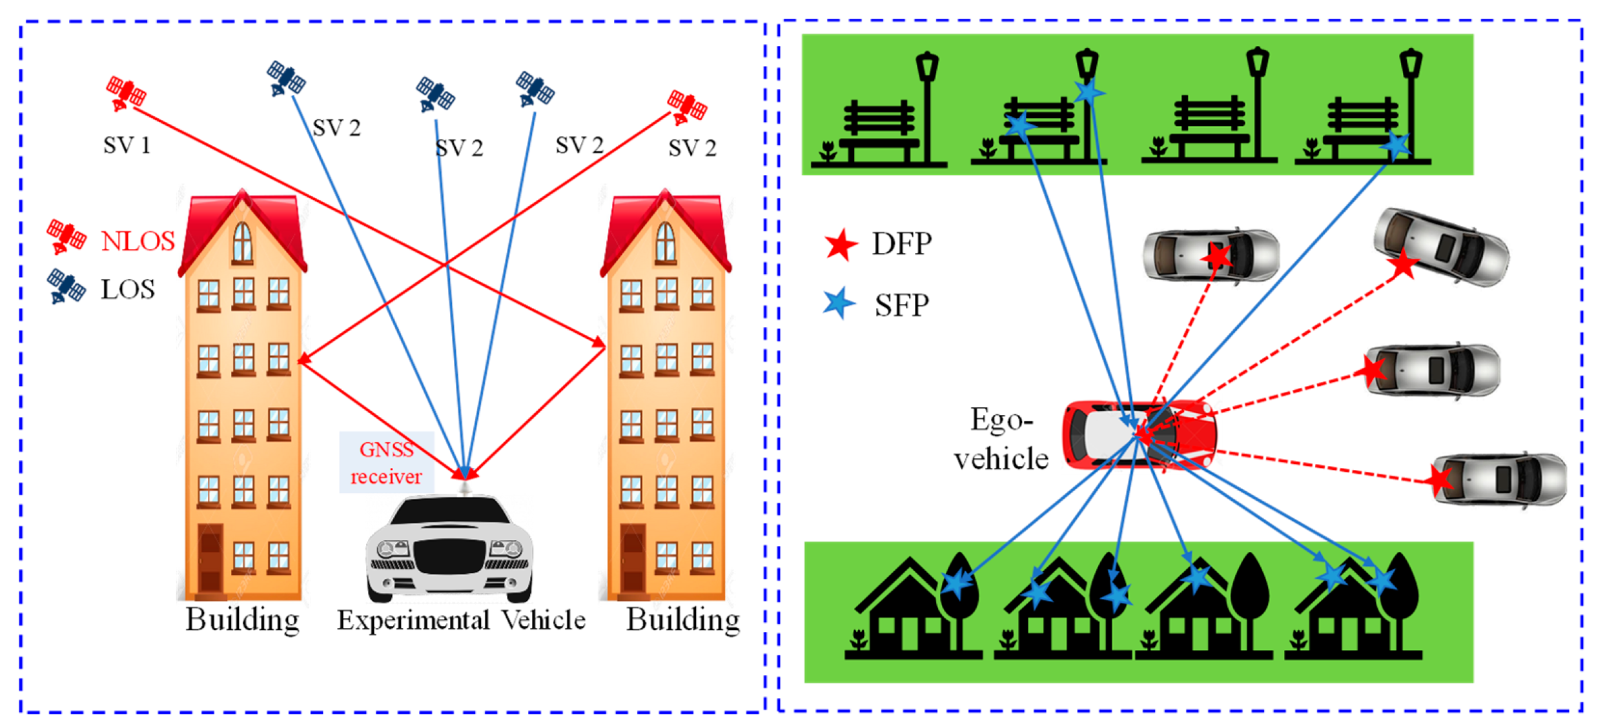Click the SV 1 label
pos(127,145)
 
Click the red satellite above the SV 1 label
pos(125,94)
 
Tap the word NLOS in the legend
pos(138,241)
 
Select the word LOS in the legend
pos(128,290)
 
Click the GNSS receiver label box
pos(386,462)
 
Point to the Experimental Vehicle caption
pos(461,620)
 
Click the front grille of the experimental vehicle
pos(449,557)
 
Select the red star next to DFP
pos(840,245)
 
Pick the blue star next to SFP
pos(839,303)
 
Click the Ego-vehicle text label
pos(1001,440)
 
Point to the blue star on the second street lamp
pos(1089,92)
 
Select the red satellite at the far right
pos(686,106)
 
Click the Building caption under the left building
pos(242,620)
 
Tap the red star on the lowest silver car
pos(1440,480)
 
